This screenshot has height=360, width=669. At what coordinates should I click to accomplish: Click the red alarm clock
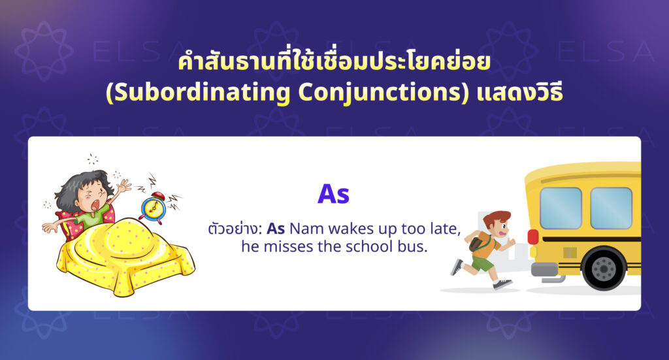tap(153, 208)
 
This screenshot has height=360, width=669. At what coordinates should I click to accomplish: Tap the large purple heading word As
tap(334, 195)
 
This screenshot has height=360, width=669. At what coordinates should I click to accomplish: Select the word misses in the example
tap(288, 246)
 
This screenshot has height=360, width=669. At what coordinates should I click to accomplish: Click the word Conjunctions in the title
tap(380, 91)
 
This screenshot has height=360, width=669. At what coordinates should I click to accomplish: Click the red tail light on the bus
tap(533, 237)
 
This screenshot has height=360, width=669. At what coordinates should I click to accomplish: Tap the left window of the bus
tap(561, 208)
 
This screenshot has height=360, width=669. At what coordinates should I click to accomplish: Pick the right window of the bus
tap(611, 208)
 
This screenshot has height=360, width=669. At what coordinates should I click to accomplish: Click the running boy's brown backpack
tap(476, 244)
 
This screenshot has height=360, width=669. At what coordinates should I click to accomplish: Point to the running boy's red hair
tap(496, 218)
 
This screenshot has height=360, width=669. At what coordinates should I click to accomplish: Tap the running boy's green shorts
tap(482, 263)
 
